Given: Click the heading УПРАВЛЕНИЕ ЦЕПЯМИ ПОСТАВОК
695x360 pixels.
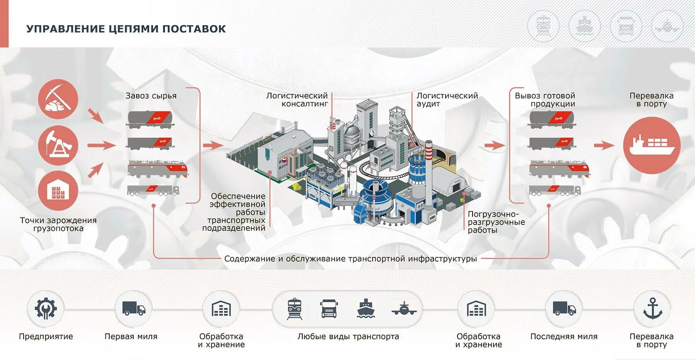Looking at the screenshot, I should tap(126, 29).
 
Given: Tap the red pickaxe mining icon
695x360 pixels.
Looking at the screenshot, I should tap(58, 99).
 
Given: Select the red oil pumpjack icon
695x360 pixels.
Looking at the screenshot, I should tap(58, 145).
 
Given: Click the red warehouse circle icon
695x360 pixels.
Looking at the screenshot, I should tap(58, 191).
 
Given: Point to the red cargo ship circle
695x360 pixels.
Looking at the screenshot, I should tap(652, 145).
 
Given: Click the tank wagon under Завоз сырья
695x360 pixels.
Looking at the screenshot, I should tap(150, 119).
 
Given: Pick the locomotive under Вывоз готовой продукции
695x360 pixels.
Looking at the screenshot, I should tap(559, 169).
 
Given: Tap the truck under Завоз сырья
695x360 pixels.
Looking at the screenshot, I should tap(153, 190).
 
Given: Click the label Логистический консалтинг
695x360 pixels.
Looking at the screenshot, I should tap(297, 100).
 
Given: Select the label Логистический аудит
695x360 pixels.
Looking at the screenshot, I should tap(447, 100).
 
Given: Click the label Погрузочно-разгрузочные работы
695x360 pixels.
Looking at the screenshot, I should tap(496, 222).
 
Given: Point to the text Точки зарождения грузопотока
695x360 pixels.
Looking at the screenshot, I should tap(58, 224).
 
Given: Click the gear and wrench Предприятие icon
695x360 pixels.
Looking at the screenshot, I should tap(46, 309).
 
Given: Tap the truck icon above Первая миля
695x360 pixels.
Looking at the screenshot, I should tap(134, 309).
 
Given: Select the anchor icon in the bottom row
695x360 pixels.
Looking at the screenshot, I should tap(652, 309).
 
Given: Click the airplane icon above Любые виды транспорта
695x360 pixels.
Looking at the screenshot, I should tap(404, 309).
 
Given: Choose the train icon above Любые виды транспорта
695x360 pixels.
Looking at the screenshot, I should tap(295, 309).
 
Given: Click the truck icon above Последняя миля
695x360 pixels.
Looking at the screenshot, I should tap(564, 309).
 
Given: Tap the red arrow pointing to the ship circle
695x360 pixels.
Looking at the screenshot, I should tap(604, 145).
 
